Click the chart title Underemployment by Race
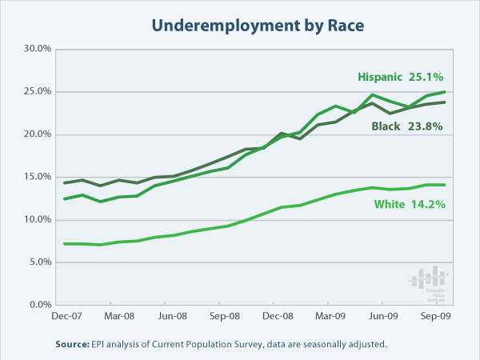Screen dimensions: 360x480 coord(240,26)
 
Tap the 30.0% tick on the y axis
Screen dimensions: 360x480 coord(35,49)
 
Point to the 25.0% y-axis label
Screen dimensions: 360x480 coord(35,91)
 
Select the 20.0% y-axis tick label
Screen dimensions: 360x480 coord(35,134)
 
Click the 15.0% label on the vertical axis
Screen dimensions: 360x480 coord(35,177)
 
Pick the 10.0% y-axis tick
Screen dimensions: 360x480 coord(35,219)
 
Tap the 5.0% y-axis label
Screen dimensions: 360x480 coord(38,262)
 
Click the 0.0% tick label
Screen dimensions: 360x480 coord(38,305)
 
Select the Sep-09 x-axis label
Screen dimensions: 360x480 coord(434,316)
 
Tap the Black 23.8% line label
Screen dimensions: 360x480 coord(410,126)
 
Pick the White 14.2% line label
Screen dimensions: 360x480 coord(410,203)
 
